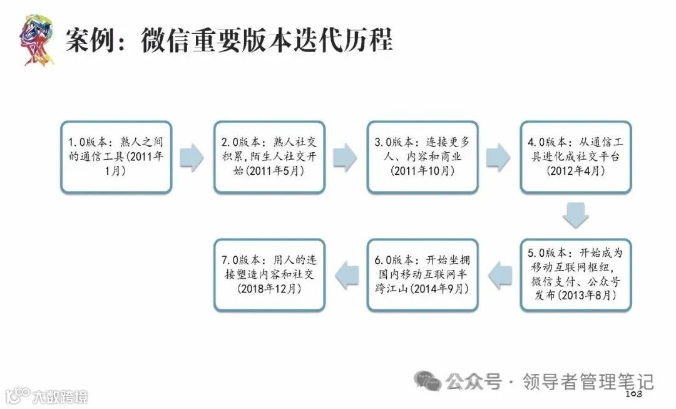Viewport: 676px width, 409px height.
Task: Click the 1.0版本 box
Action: pos(116,157)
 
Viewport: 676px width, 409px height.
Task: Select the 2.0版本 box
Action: pos(269,157)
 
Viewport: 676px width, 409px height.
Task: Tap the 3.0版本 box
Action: pos(422,157)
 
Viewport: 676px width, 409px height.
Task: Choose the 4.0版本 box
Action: pos(576,157)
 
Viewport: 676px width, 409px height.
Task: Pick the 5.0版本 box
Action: pos(576,274)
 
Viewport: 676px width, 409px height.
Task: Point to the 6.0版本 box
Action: pos(422,274)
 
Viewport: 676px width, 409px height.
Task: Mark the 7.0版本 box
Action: pos(269,274)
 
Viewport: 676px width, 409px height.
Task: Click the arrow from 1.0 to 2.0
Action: pos(192,157)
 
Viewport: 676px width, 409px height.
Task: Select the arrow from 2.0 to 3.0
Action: pos(345,157)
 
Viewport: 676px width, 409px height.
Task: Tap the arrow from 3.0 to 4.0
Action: pos(499,157)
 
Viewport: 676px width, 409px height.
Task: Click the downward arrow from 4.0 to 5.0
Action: pos(575,215)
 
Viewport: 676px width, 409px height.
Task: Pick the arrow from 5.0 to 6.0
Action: pos(499,274)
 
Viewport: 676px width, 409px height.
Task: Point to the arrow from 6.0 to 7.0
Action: pos(345,274)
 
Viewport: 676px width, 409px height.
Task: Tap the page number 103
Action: pos(634,394)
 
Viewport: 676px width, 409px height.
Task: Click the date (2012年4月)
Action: pos(576,171)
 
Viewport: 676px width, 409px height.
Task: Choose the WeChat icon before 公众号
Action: pos(429,380)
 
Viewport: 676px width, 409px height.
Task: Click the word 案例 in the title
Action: pos(88,40)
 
